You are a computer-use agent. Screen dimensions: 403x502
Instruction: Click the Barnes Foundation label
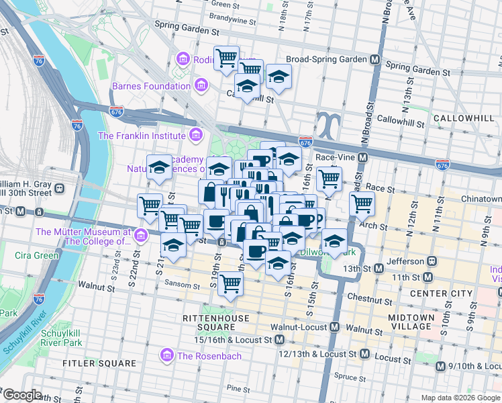[x=151, y=86]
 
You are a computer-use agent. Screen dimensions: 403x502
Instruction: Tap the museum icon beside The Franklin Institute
[x=195, y=136]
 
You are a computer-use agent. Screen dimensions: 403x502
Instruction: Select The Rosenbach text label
[x=208, y=355]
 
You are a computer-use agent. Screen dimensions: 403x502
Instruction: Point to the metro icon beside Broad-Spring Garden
[x=373, y=59]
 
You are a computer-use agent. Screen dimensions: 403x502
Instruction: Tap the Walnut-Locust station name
[x=298, y=327]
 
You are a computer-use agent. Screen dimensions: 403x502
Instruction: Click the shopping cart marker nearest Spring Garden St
[x=226, y=58]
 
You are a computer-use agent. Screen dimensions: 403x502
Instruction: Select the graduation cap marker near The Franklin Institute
[x=160, y=168]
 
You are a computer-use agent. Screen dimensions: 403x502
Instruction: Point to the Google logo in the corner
[x=23, y=395]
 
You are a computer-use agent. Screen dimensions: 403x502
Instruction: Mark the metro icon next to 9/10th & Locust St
[x=440, y=366]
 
